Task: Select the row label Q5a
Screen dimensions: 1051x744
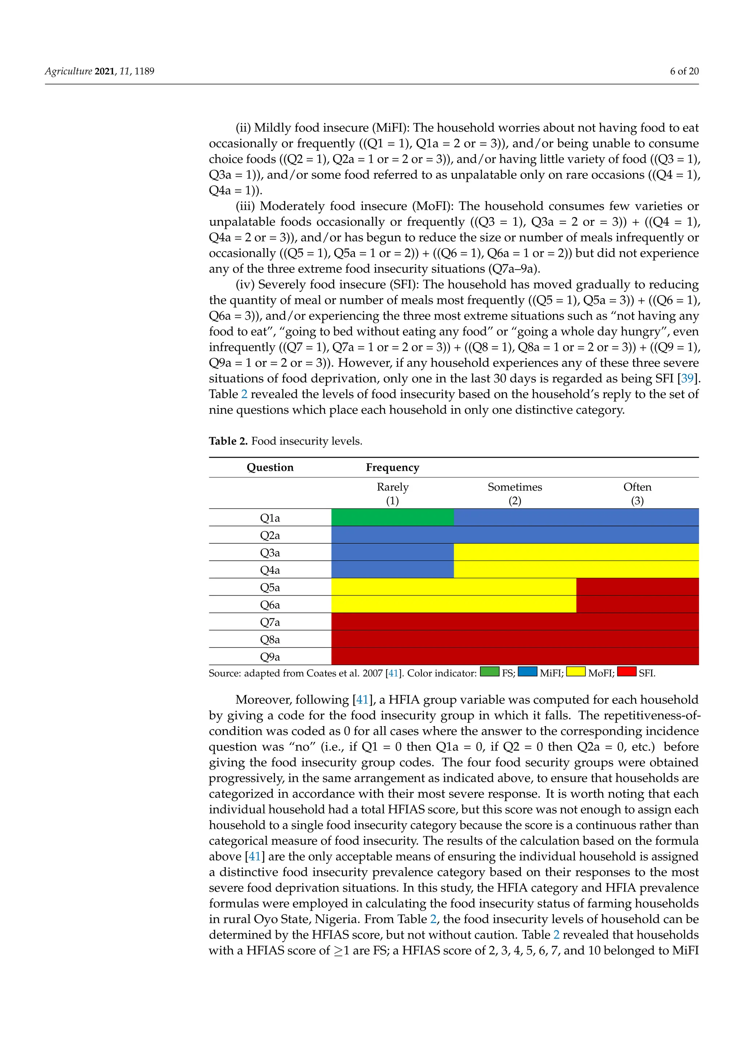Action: pyautogui.click(x=270, y=587)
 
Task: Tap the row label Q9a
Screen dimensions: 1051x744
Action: pyautogui.click(x=270, y=657)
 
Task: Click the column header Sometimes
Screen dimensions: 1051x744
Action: pyautogui.click(x=514, y=487)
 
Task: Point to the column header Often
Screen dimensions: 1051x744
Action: pyautogui.click(x=637, y=487)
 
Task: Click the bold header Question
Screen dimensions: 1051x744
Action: pyautogui.click(x=270, y=467)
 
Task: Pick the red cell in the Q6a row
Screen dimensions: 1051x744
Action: pyautogui.click(x=637, y=604)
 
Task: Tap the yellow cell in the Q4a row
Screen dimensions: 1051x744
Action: pyautogui.click(x=576, y=569)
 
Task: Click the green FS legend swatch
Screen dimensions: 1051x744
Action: pyautogui.click(x=489, y=671)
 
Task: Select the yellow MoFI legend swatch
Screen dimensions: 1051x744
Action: pyautogui.click(x=575, y=671)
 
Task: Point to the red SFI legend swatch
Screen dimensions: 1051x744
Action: pyautogui.click(x=626, y=671)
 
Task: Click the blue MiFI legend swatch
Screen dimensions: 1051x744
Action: pyautogui.click(x=527, y=671)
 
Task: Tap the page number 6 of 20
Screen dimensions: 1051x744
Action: pyautogui.click(x=684, y=71)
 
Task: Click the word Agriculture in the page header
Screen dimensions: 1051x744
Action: pyautogui.click(x=68, y=71)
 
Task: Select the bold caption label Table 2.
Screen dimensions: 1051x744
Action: pyautogui.click(x=228, y=441)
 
